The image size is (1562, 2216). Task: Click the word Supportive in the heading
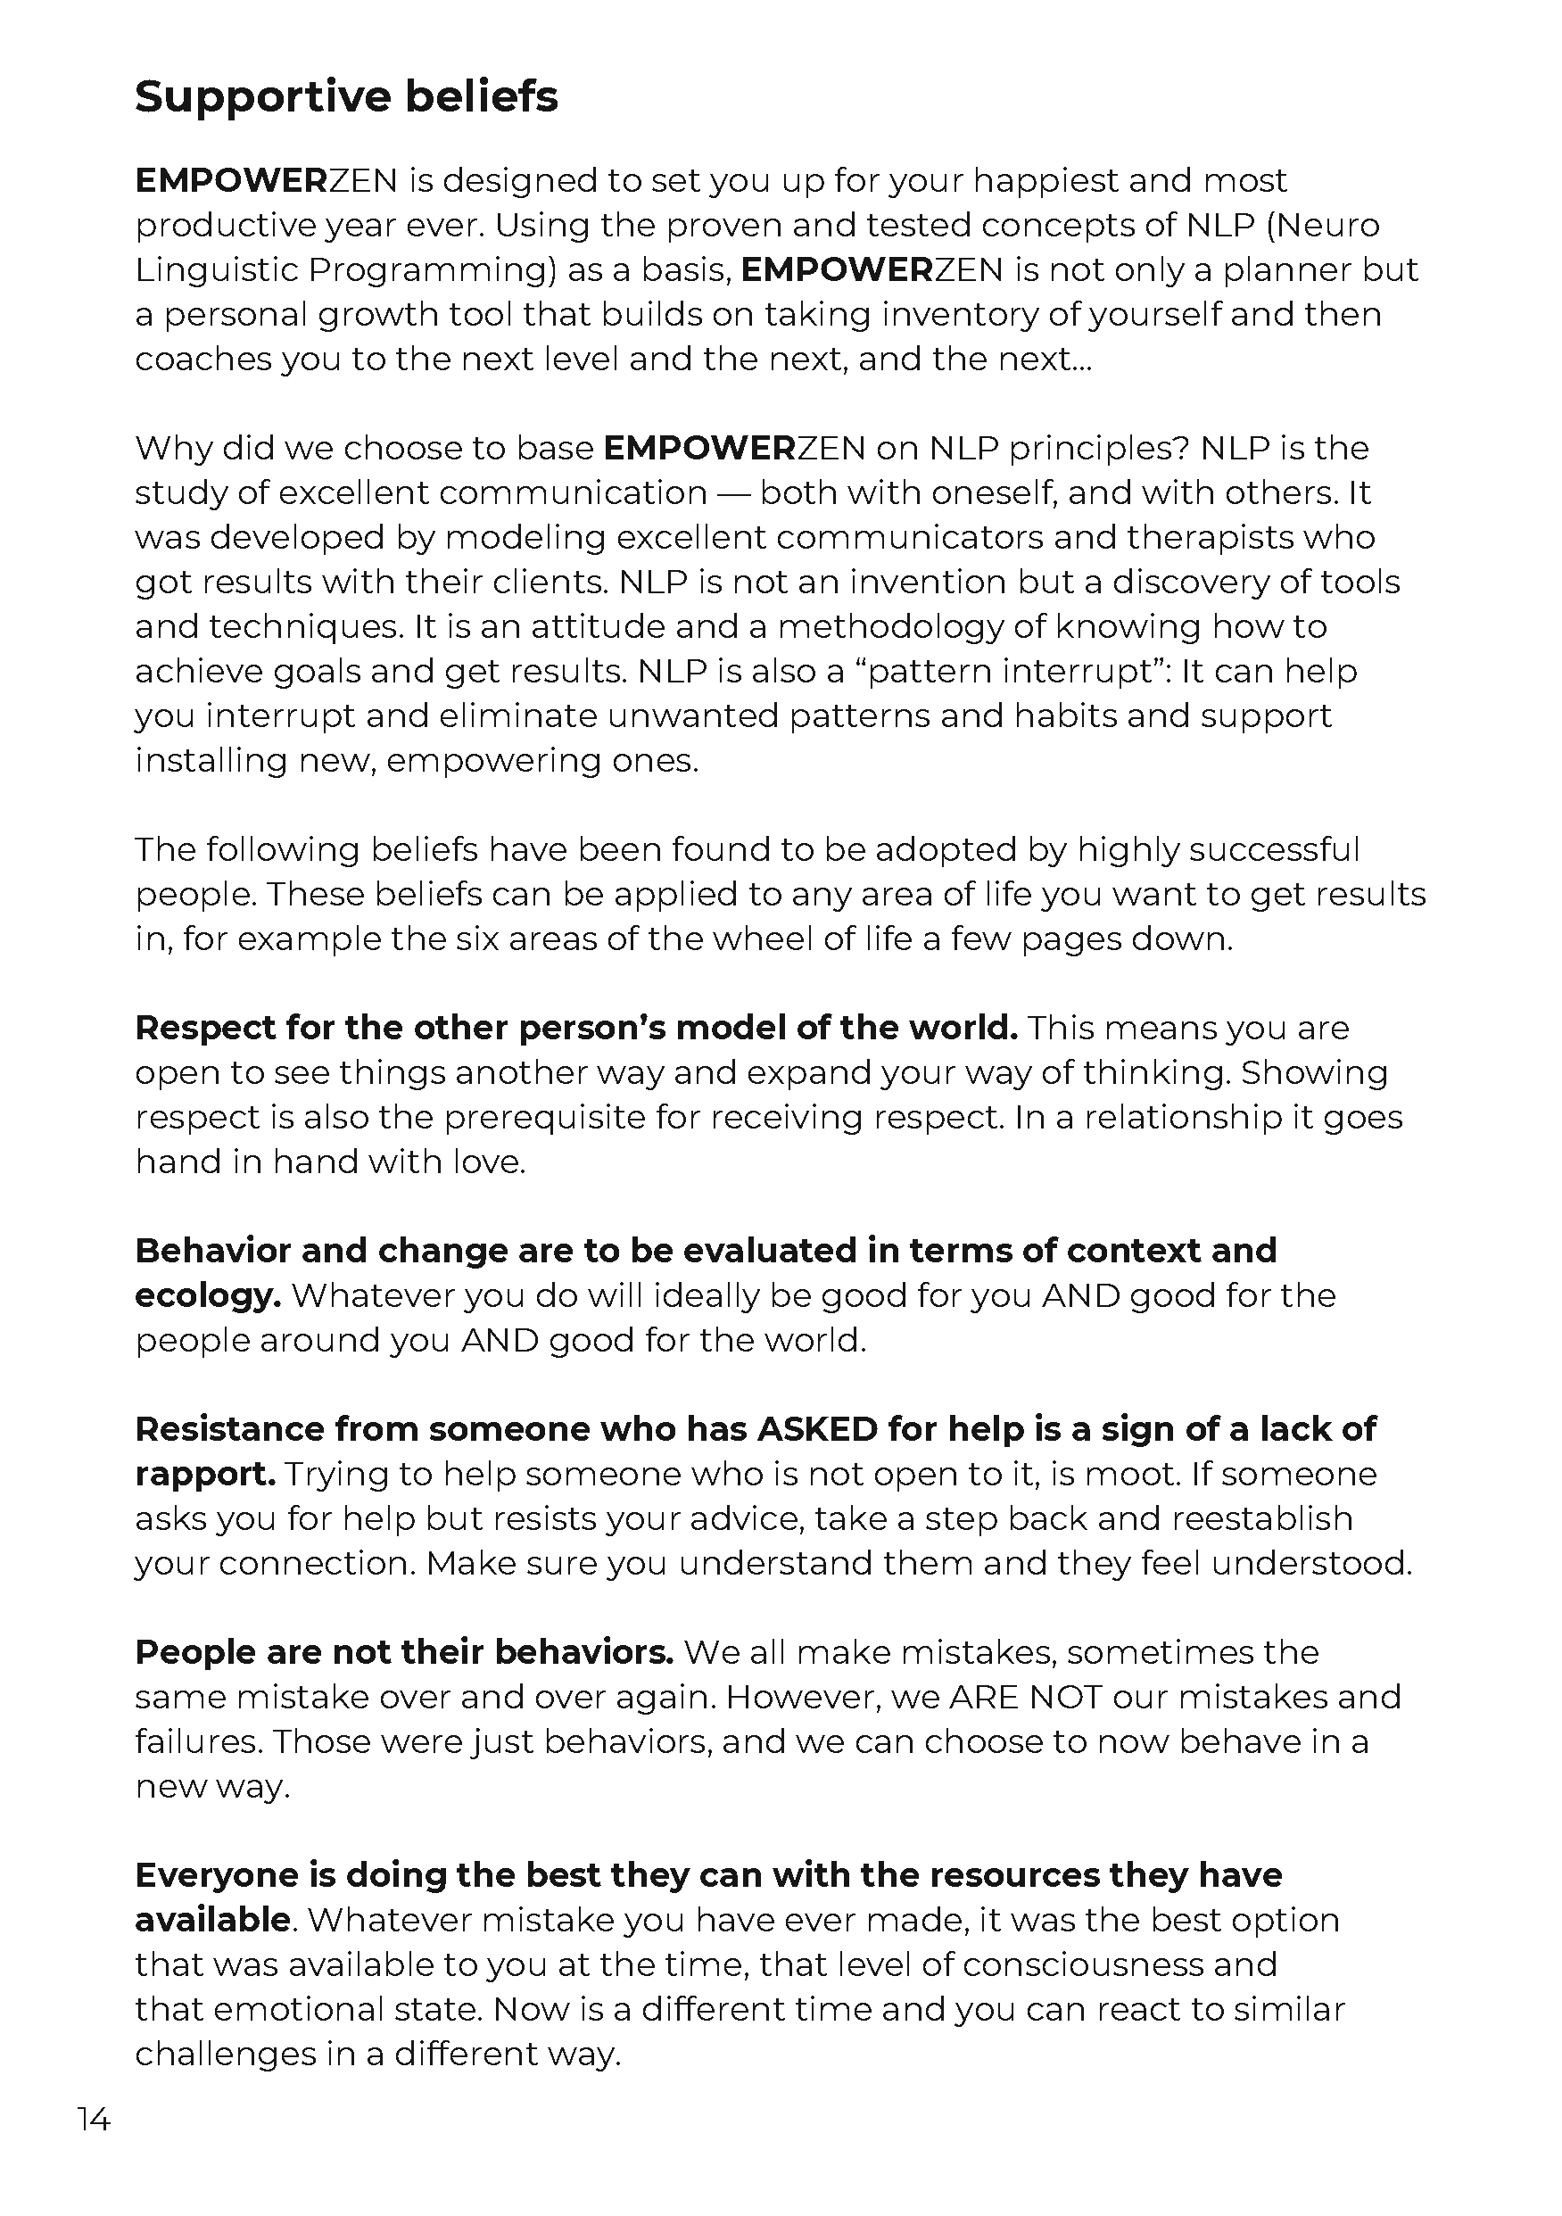(x=260, y=97)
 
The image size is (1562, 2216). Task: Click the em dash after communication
(x=732, y=492)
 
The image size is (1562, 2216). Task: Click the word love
(x=489, y=1162)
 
